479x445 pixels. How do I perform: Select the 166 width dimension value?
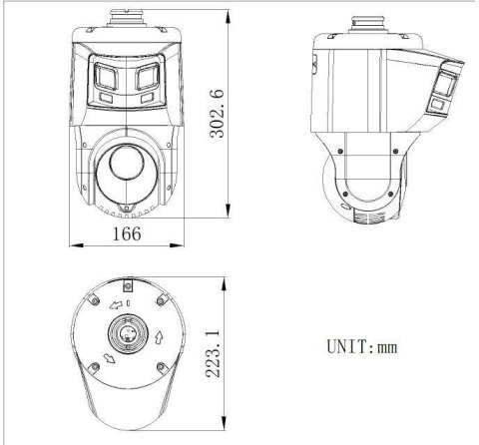pyautogui.click(x=126, y=233)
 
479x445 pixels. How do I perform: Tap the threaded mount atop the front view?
pyautogui.click(x=126, y=18)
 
